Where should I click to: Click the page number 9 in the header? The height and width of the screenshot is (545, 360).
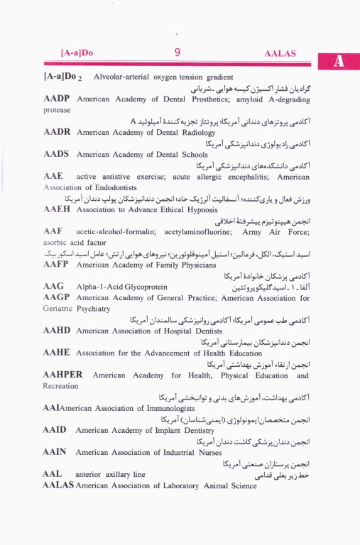pos(177,51)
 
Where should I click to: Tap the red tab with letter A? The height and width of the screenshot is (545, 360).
pos(339,62)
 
